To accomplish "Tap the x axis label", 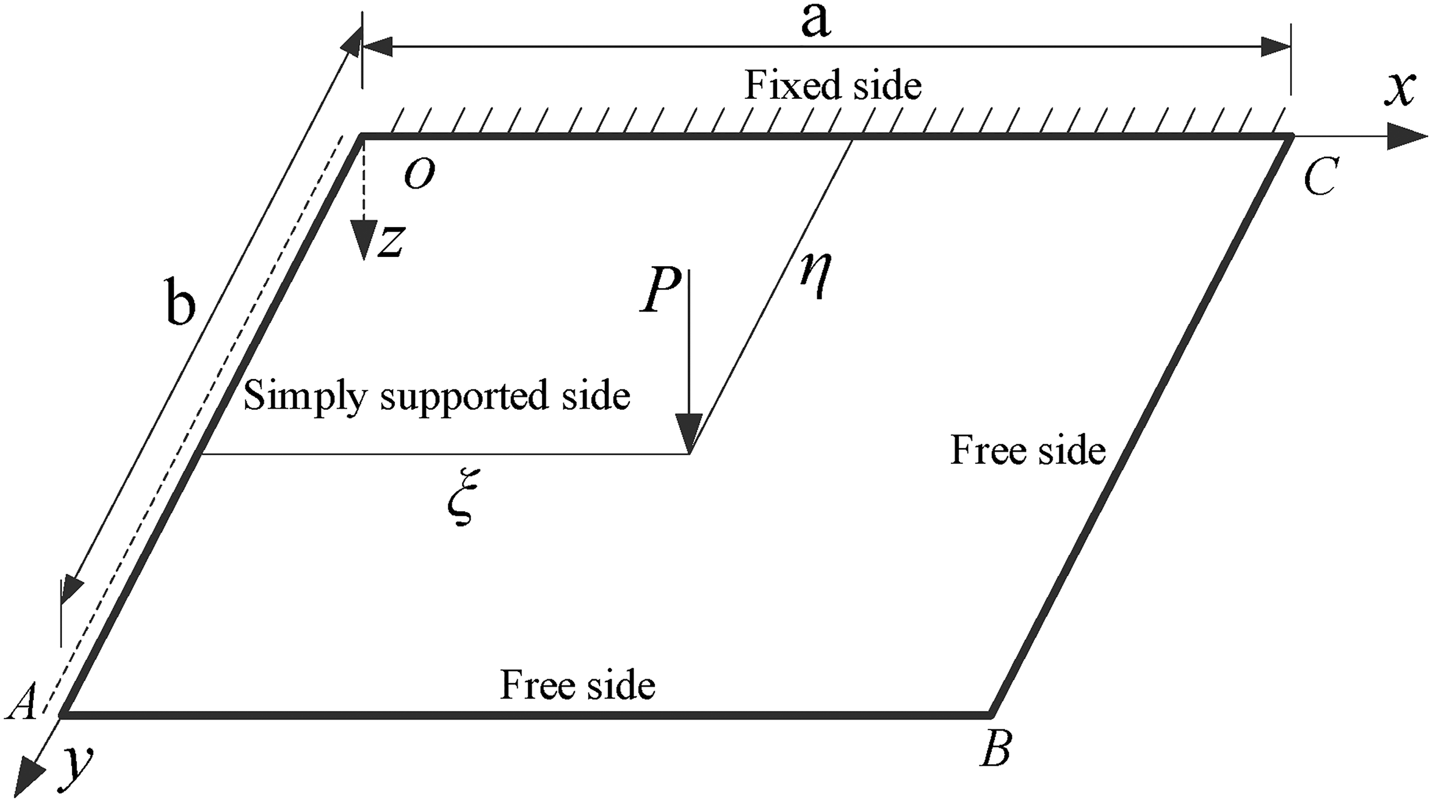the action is [1399, 91].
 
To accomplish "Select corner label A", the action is [23, 701].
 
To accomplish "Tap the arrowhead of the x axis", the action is [1407, 137].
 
